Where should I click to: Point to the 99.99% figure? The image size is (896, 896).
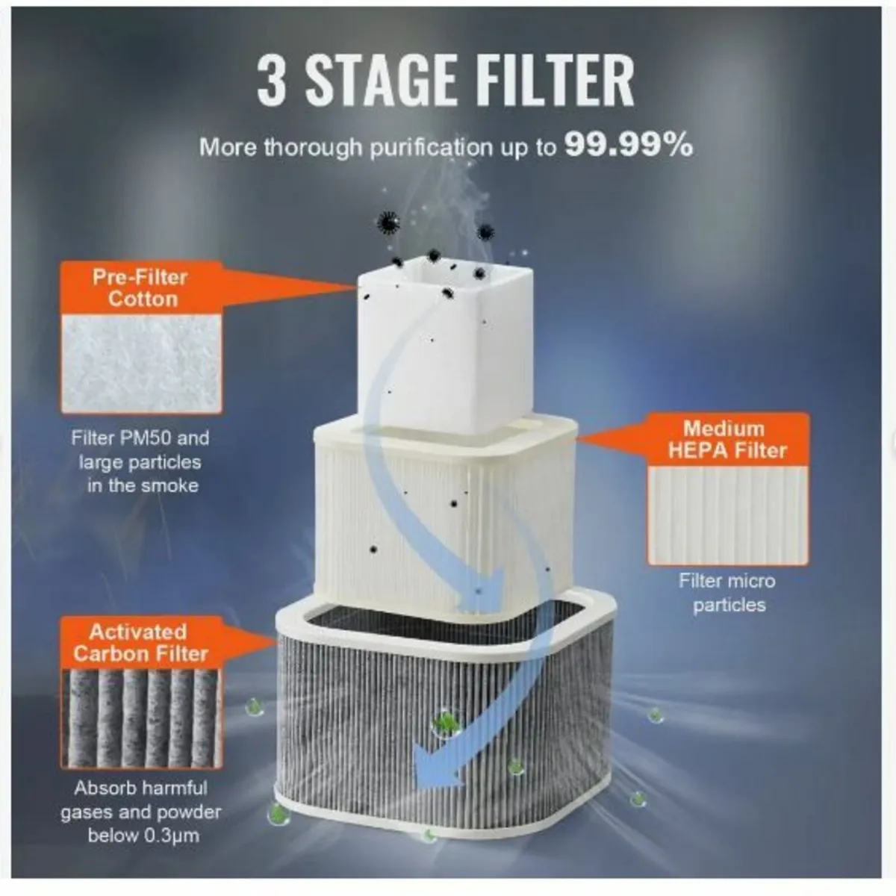(629, 146)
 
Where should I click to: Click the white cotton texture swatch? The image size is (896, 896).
(142, 364)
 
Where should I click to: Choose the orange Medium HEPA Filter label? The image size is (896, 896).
(728, 439)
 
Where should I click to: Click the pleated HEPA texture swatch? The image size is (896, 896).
(728, 515)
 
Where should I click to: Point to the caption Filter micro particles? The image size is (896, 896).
(728, 593)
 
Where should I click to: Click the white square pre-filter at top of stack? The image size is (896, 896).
(446, 344)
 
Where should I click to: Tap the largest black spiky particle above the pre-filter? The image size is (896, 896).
(388, 222)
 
